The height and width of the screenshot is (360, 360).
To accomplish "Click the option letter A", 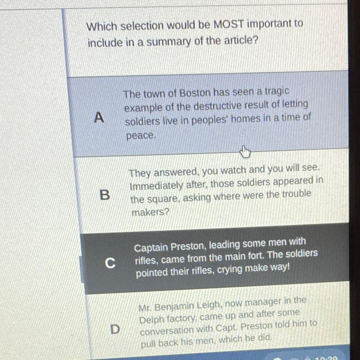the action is click(99, 117).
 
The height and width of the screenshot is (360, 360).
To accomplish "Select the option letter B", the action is click(105, 195).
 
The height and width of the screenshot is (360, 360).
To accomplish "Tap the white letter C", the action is click(110, 263).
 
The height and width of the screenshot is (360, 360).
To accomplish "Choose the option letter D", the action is click(115, 329).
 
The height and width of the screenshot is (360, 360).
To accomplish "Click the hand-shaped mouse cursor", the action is click(245, 152).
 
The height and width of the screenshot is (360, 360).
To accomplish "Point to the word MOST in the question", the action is click(228, 24).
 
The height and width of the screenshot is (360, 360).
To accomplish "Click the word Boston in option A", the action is click(195, 93).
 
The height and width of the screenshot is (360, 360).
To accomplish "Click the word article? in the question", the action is click(241, 40).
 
